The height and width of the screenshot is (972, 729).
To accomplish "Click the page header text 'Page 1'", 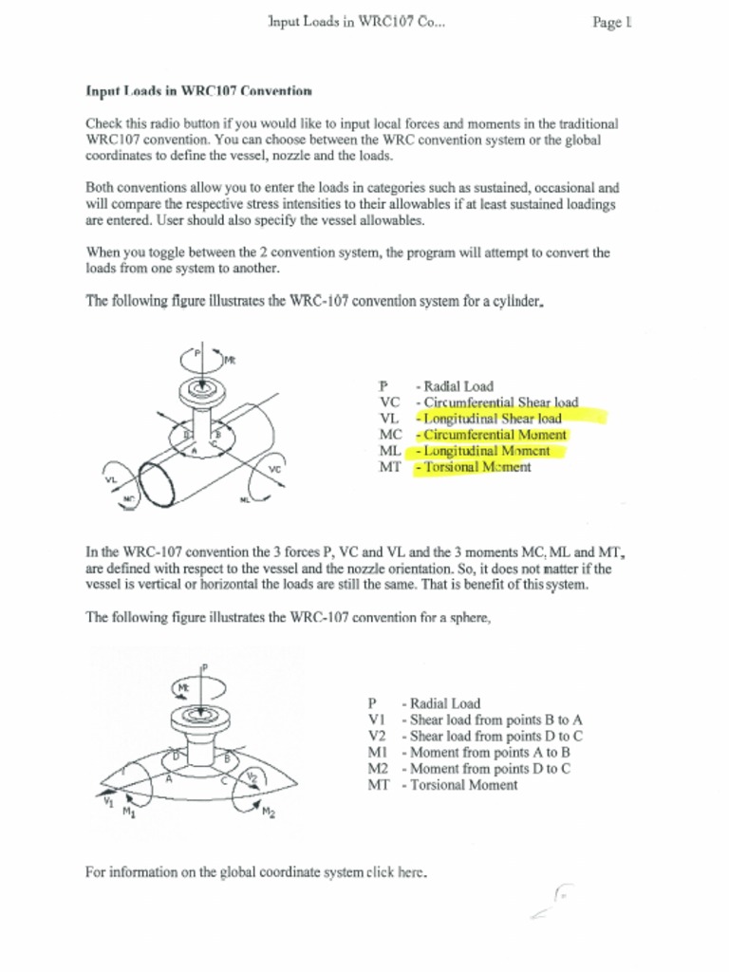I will coord(611,22).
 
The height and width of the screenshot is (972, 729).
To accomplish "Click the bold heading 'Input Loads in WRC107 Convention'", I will coord(198,92).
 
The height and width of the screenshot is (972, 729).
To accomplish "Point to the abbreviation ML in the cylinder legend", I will coord(388,451).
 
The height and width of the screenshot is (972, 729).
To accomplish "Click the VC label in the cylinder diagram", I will coord(274,470).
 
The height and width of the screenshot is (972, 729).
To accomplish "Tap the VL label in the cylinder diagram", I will coord(110,481).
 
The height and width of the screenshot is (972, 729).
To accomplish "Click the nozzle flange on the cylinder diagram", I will coord(200,389).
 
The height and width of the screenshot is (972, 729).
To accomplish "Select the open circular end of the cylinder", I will coord(157,484).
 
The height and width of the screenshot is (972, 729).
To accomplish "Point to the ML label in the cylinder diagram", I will coord(245,499).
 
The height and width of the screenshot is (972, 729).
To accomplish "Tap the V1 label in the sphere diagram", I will coord(107,802).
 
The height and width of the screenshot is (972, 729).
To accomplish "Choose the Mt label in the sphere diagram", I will coord(183,685).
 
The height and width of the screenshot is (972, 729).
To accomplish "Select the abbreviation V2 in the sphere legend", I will coord(376,736).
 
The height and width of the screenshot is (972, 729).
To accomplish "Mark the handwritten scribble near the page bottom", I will coord(552,902).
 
